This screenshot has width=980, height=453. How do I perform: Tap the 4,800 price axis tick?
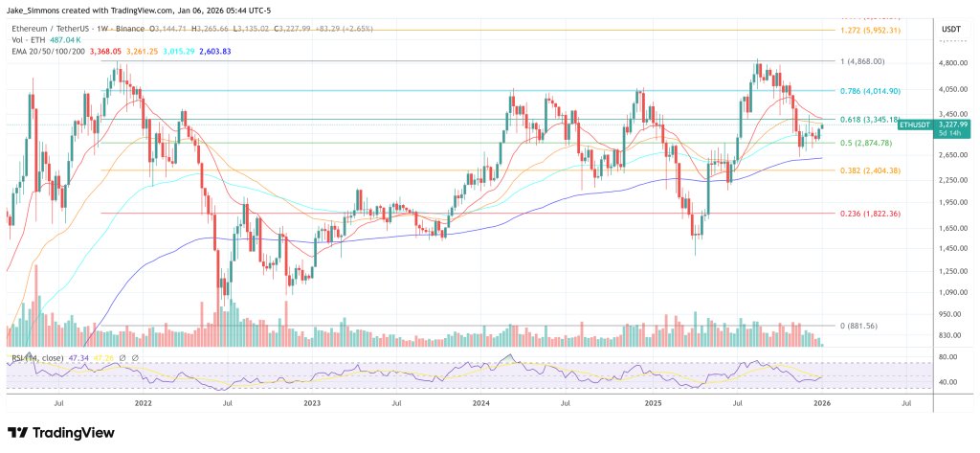point(953,63)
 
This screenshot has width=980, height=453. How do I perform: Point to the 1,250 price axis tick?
point(953,271)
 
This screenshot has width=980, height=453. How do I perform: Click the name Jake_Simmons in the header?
point(37,10)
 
